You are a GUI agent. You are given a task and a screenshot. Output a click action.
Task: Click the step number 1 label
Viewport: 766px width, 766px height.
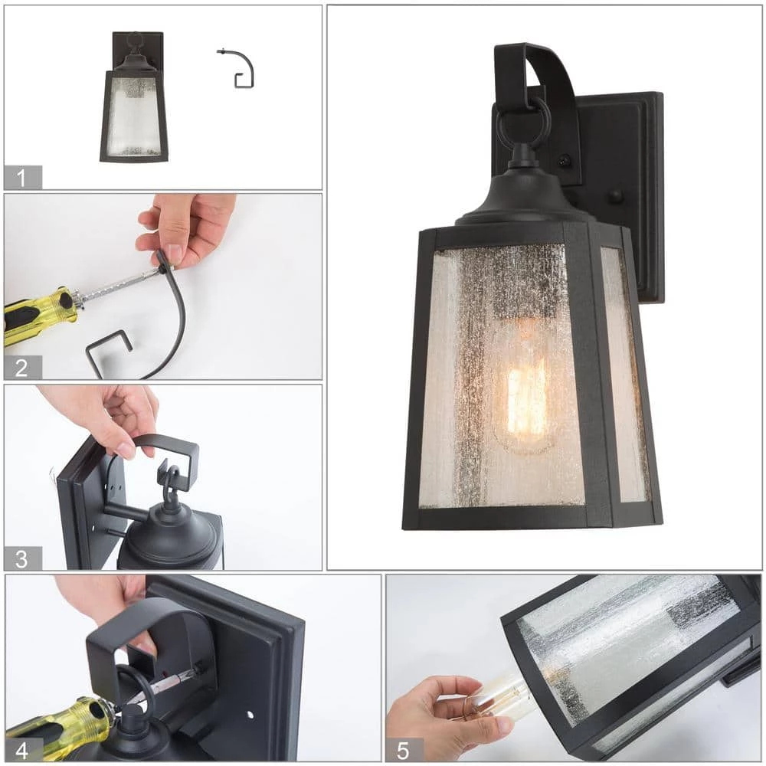(21, 178)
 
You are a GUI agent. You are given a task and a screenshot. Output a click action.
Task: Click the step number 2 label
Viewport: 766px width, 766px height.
(21, 368)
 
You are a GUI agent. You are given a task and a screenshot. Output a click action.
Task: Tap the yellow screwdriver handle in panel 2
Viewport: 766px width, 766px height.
(39, 315)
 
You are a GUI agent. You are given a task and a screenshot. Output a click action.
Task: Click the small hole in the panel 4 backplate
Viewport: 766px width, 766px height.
(250, 715)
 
